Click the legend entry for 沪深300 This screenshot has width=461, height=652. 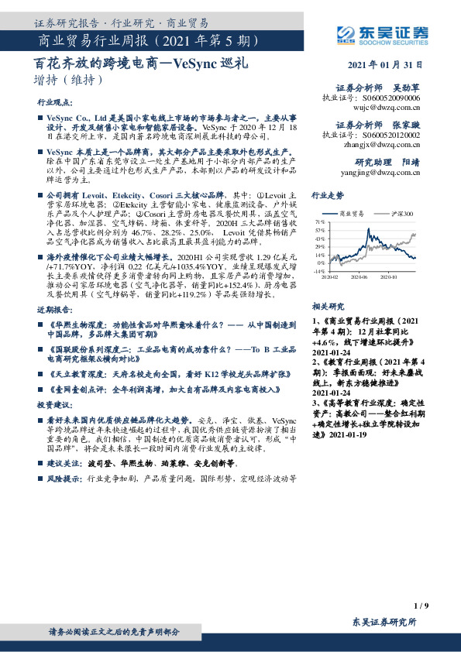[x=400, y=212]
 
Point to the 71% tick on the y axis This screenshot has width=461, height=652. [x=320, y=221]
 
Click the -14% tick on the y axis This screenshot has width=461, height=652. [x=318, y=271]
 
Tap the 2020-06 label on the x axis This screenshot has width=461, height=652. [x=358, y=276]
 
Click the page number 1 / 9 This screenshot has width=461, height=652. [x=421, y=605]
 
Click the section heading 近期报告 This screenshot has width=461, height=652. [x=52, y=288]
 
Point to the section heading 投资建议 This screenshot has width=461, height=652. [x=52, y=405]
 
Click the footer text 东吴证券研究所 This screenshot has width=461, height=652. [x=384, y=623]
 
